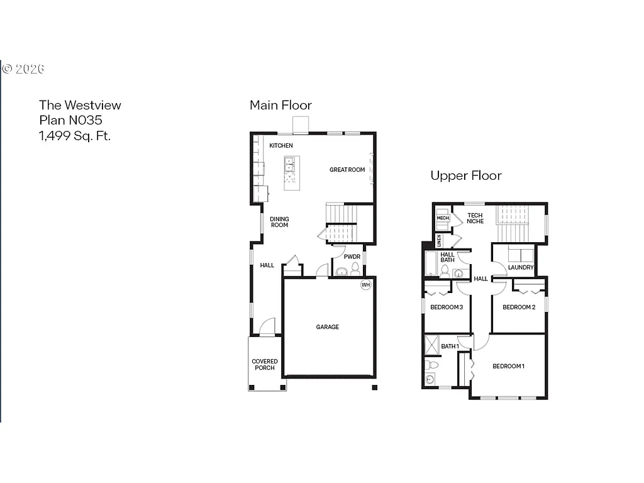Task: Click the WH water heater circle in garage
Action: (x=365, y=285)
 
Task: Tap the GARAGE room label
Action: (x=327, y=327)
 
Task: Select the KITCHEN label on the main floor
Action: (x=281, y=146)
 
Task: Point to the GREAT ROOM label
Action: (x=347, y=170)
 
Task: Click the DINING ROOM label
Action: (x=279, y=222)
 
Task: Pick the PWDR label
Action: (x=352, y=257)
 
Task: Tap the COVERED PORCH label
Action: (x=265, y=365)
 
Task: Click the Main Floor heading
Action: (x=280, y=105)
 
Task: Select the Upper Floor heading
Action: (x=465, y=175)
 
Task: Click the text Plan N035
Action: (x=70, y=120)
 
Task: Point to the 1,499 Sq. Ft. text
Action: (x=75, y=135)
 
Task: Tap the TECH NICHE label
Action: (x=475, y=218)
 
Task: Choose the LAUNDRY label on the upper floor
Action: (x=521, y=267)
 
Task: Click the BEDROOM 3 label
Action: (x=447, y=307)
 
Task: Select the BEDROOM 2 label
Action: (x=519, y=307)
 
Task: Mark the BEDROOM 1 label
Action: (x=508, y=366)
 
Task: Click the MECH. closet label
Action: (x=442, y=219)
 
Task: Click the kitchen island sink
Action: (x=290, y=165)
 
